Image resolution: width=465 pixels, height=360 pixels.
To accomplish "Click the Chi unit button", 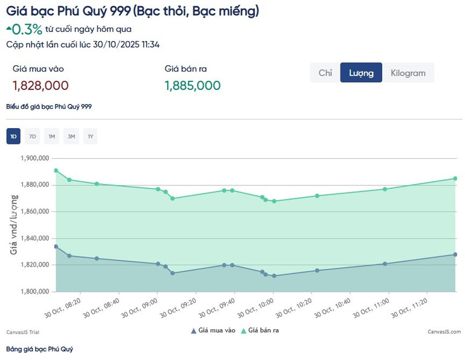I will pos(325,73).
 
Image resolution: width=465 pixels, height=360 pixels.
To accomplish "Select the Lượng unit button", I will pos(361,73).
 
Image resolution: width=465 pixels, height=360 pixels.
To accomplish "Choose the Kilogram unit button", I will pos(408,73).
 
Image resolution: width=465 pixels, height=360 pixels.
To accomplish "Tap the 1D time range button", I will pos(13,137).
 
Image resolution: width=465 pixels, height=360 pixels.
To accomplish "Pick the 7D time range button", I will pos(33,137).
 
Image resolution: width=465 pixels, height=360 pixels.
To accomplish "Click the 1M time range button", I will pos(52,137).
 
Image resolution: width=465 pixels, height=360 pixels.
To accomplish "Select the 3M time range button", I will pos(71,137).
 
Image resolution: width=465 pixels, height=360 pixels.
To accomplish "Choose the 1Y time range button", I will pos(91,137).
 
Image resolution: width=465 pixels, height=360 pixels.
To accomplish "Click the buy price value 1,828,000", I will pos(40,86).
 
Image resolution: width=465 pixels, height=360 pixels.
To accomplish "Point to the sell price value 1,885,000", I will pos(193,86).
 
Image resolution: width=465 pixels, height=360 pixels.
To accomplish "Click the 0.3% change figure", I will pos(28,29).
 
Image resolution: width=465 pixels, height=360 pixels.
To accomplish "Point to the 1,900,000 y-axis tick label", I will pos(34,158).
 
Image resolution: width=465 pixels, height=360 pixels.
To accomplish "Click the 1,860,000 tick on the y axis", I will pos(34,212).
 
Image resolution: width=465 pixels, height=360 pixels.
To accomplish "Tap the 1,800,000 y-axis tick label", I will pos(34,292).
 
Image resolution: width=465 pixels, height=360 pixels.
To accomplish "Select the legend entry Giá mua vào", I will pos(216,330).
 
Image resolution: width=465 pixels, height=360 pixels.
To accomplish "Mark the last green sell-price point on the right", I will pos(455,178).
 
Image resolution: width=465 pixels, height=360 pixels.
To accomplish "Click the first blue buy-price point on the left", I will pos(56,246).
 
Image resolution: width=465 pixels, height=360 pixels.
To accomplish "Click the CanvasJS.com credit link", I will pos(444,332).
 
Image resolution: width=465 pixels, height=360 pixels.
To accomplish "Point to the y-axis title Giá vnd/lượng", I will pos(13,225).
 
